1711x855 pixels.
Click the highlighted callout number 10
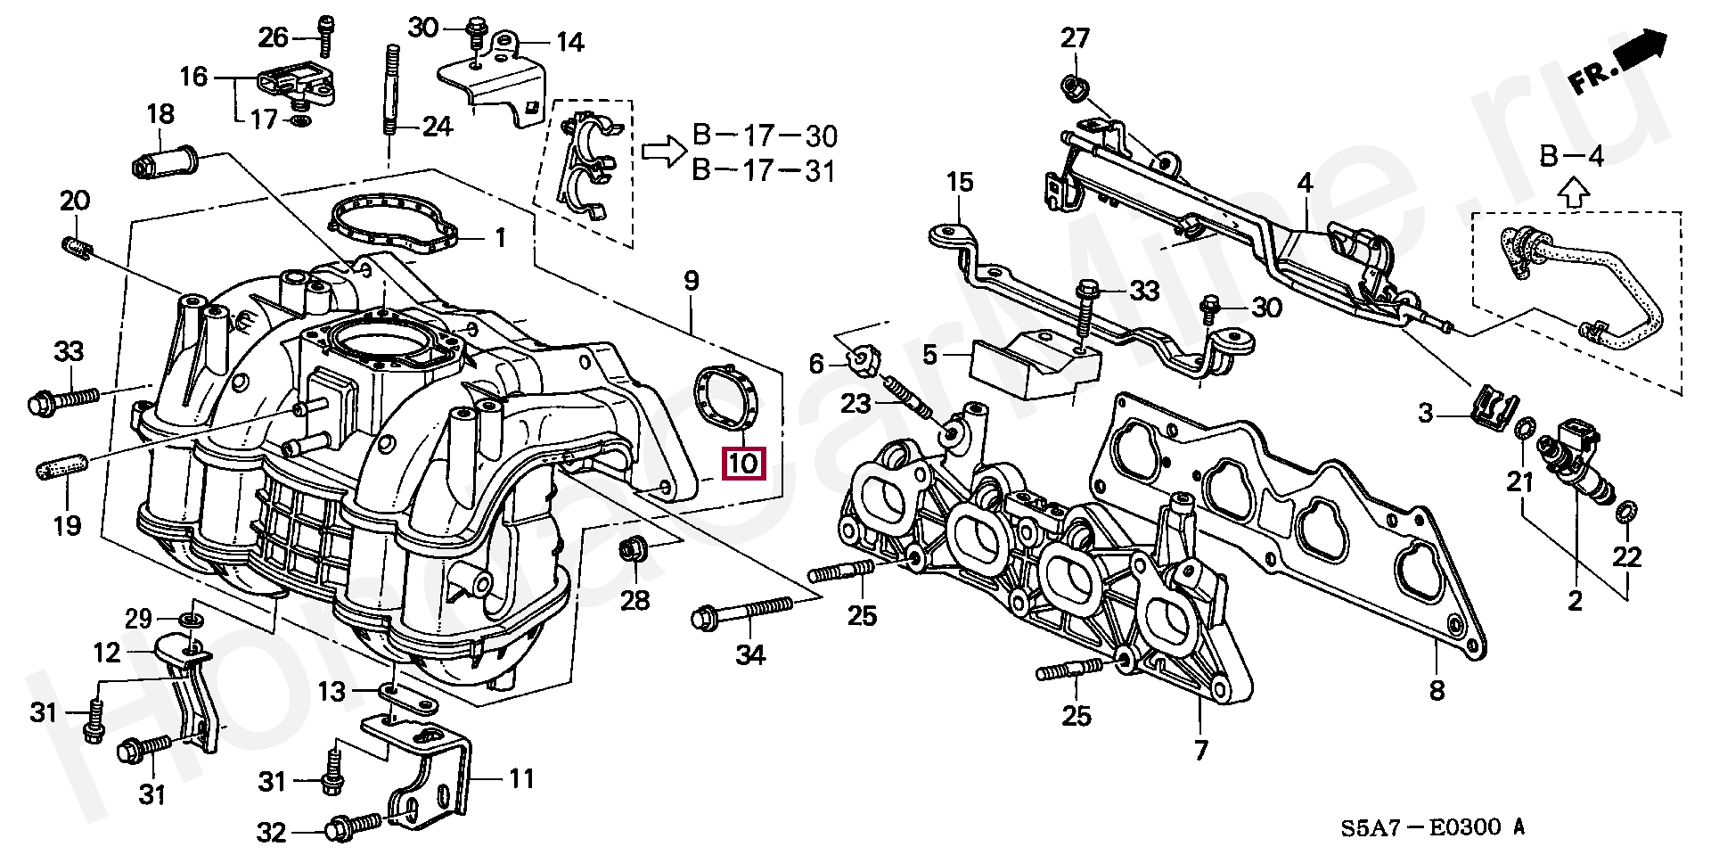point(743,463)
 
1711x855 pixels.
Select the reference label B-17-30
point(765,136)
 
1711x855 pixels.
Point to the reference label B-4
point(1573,157)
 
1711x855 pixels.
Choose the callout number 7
point(1200,750)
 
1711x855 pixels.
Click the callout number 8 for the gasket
point(1437,689)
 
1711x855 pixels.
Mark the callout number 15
point(960,183)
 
